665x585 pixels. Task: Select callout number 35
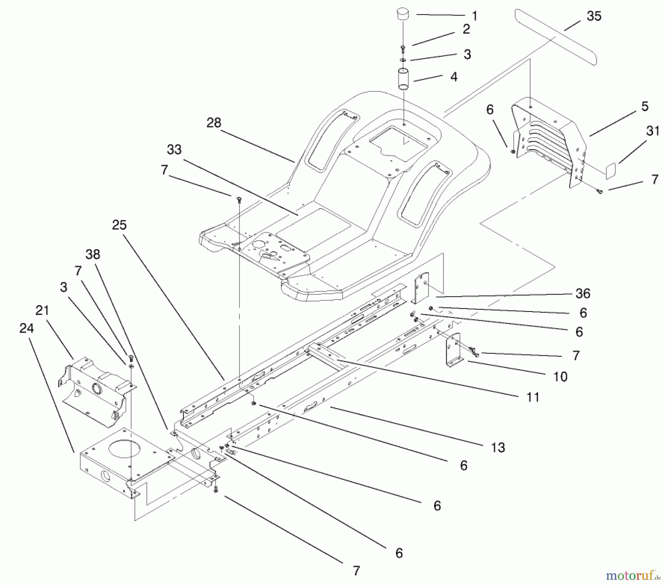click(x=594, y=16)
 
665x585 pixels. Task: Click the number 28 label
click(x=214, y=123)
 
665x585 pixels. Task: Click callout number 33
click(x=174, y=150)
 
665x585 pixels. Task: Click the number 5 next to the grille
click(x=645, y=107)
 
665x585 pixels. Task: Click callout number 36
click(x=583, y=293)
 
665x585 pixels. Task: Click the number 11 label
click(x=532, y=397)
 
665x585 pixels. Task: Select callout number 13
click(x=498, y=448)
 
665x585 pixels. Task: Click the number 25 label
click(x=119, y=225)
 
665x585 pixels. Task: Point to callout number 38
click(x=92, y=254)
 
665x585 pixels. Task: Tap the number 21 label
click(x=42, y=310)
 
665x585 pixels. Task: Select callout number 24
click(x=26, y=328)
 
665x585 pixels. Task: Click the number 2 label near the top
click(x=466, y=29)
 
